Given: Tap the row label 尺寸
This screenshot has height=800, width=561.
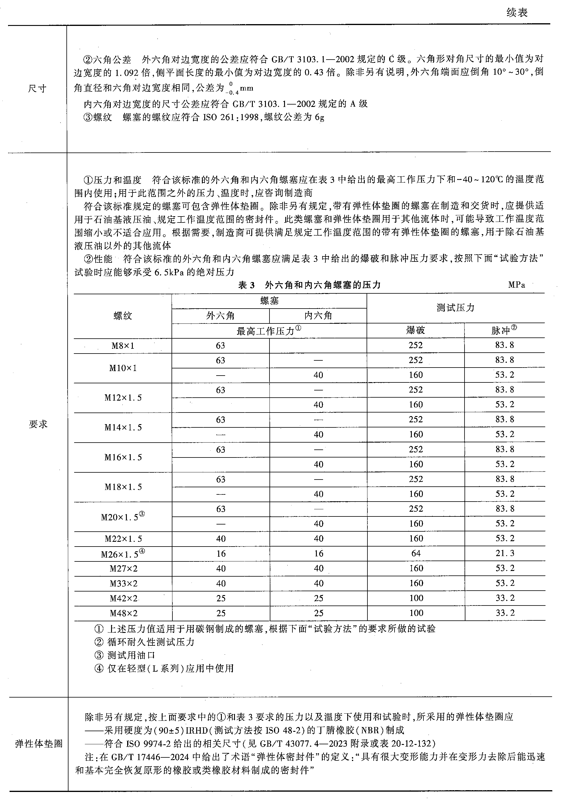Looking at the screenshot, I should pos(37,88).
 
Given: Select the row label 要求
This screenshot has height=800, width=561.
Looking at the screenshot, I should pos(38,424).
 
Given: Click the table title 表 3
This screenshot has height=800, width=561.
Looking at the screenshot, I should pos(246,285).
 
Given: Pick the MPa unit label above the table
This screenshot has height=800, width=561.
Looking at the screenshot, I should pos(516,285).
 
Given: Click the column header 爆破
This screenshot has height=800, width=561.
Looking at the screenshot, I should pos(415,330).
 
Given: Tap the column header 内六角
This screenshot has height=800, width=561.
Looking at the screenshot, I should pos(318,316).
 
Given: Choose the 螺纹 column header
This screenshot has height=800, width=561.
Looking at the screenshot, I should pos(123,316).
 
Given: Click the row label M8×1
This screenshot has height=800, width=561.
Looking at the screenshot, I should pos(123,346).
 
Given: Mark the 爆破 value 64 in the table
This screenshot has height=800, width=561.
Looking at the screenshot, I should pos(416,553).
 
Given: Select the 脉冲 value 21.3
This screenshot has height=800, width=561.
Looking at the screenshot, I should pos(505,553).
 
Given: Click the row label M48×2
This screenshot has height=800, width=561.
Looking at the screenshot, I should pos(124,613).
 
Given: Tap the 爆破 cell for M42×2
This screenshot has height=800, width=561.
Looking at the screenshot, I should pos(416,598).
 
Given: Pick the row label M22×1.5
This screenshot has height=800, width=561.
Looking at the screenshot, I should pos(123,539).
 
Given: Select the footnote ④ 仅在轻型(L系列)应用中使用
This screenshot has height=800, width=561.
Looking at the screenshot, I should pos(164,668).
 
